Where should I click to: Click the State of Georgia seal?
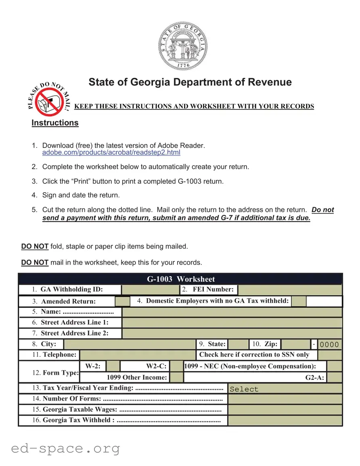coord(183,47)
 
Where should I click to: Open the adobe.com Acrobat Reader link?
coord(111,153)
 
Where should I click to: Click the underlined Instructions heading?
coord(55,123)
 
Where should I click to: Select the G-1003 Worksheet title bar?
coord(180,279)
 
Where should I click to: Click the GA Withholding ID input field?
coord(151,290)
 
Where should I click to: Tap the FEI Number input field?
coord(290,290)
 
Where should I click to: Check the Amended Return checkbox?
coord(122,301)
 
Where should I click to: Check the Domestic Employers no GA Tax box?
coord(299,301)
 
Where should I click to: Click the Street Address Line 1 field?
coord(232,323)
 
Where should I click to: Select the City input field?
coord(130,344)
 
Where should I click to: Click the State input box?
coord(238,344)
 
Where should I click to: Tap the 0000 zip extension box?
coord(330,344)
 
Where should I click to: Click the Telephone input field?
coord(138,355)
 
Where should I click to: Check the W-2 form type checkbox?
coord(113,366)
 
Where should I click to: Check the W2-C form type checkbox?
coord(176,366)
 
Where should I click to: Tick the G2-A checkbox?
coord(335,378)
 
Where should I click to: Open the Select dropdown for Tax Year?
coord(285,389)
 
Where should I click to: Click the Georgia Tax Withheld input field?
coord(285,420)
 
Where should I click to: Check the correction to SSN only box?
coord(330,355)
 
